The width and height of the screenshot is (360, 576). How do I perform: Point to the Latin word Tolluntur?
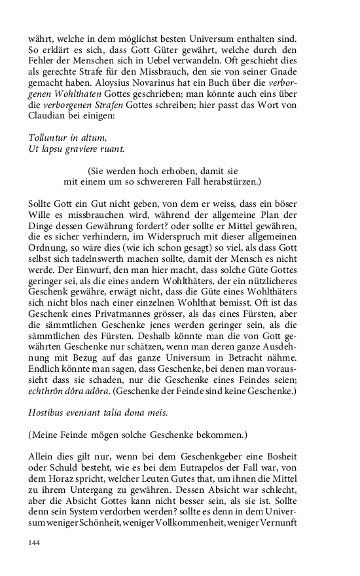click(x=51, y=139)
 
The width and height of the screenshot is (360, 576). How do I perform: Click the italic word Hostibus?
click(x=48, y=413)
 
